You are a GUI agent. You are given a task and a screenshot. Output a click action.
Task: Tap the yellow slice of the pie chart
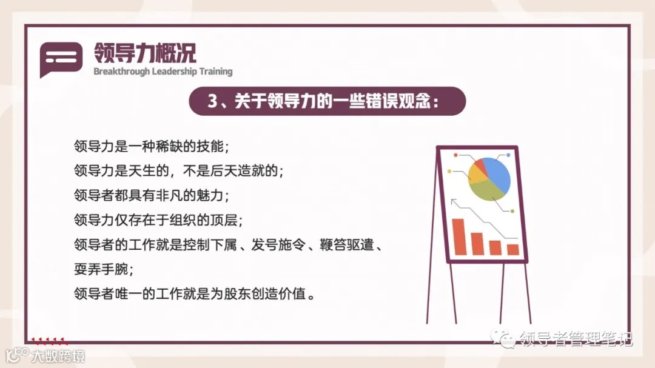[477, 173]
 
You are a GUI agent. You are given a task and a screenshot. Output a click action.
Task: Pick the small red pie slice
[480, 164]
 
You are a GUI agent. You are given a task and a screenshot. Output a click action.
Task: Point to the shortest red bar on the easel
[513, 249]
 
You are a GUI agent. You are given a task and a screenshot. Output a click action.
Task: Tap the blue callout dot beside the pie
[508, 155]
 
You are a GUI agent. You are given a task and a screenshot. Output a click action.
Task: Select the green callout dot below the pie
[512, 211]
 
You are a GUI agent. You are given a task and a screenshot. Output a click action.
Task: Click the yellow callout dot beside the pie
[449, 172]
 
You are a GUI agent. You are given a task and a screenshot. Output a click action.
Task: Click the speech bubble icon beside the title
[61, 58]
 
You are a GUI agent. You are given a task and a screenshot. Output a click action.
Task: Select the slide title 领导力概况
[145, 52]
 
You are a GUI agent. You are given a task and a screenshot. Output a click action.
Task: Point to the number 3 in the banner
[212, 101]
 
